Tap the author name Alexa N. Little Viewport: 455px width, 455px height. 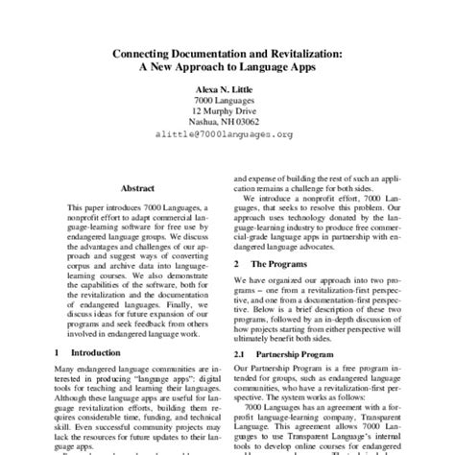point(227,96)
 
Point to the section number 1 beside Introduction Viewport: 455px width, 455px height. point(58,353)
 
